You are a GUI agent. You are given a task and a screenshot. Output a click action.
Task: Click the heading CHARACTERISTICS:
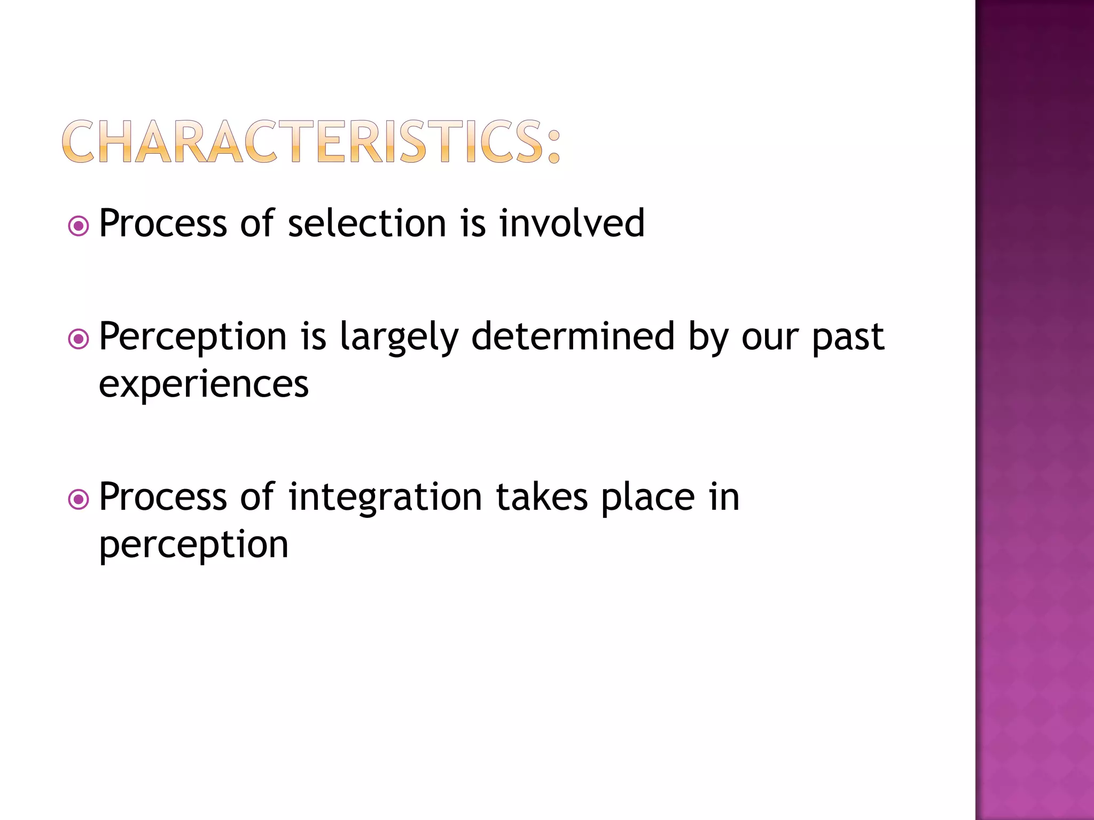pyautogui.click(x=311, y=141)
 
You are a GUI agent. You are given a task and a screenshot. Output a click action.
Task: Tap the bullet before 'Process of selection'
pyautogui.click(x=79, y=226)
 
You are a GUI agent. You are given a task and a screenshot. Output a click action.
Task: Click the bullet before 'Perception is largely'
pyautogui.click(x=79, y=339)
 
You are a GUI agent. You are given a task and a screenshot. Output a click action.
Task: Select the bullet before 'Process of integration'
pyautogui.click(x=79, y=500)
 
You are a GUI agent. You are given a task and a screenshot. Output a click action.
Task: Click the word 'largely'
pyautogui.click(x=399, y=338)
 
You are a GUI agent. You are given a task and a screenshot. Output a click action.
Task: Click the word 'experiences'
pyautogui.click(x=204, y=384)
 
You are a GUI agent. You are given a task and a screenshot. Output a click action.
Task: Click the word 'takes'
pyautogui.click(x=542, y=498)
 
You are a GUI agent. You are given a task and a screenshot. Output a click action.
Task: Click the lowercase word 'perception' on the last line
pyautogui.click(x=193, y=546)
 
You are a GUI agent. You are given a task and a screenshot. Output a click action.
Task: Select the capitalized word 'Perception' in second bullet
pyautogui.click(x=193, y=338)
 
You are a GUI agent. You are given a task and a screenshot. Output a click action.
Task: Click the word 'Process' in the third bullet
pyautogui.click(x=163, y=498)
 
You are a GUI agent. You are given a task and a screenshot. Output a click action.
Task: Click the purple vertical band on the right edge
pyautogui.click(x=1034, y=410)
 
